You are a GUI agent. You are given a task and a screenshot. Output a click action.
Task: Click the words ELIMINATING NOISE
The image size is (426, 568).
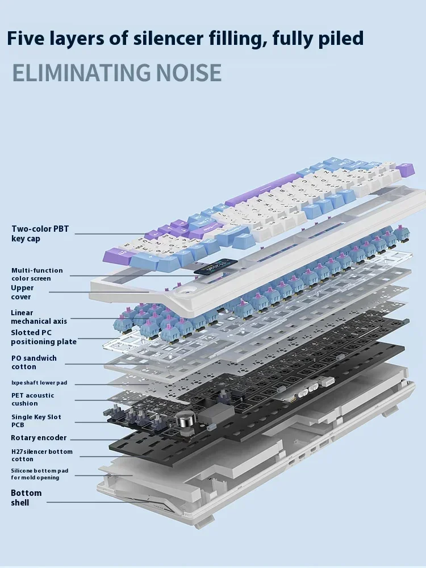pyautogui.click(x=116, y=73)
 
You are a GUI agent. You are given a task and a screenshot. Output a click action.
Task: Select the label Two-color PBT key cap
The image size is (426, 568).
pyautogui.click(x=40, y=233)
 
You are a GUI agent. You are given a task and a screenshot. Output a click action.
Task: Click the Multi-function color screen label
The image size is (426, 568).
pyautogui.click(x=37, y=274)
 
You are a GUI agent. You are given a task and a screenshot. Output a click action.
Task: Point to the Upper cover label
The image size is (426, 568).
pyautogui.click(x=22, y=292)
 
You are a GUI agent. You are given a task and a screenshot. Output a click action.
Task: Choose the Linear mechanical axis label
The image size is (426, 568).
pyautogui.click(x=39, y=317)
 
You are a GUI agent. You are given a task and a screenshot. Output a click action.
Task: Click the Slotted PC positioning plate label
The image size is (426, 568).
pyautogui.click(x=43, y=337)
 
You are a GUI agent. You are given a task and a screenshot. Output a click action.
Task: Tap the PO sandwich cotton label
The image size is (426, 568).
pyautogui.click(x=34, y=362)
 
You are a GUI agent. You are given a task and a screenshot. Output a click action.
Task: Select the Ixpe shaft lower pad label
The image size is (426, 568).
pyautogui.click(x=39, y=383)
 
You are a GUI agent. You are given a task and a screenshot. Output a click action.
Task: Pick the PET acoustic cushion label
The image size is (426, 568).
pyautogui.click(x=32, y=399)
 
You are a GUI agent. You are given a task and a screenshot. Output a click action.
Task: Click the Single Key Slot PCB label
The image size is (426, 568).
pyautogui.click(x=36, y=421)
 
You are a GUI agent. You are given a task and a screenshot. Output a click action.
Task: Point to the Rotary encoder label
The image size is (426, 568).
pyautogui.click(x=39, y=438)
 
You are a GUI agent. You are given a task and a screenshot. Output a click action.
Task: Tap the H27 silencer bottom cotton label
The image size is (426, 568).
pyautogui.click(x=41, y=455)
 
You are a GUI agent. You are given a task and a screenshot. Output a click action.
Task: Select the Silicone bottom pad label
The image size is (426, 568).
pyautogui.click(x=39, y=474)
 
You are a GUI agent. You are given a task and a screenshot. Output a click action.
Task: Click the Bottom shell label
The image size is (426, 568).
pyautogui.click(x=26, y=498)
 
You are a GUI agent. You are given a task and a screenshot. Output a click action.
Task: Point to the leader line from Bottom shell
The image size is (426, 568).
pyautogui.click(x=97, y=502)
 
